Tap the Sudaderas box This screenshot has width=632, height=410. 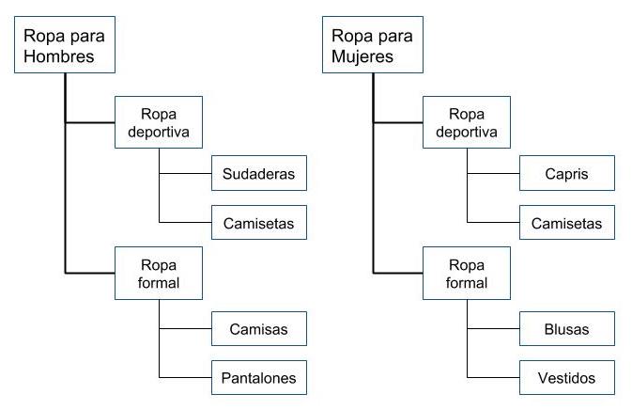(x=259, y=174)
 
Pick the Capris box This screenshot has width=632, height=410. (x=567, y=174)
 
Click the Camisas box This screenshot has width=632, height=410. (x=259, y=329)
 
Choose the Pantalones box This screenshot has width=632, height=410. (x=259, y=378)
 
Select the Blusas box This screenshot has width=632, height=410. (x=567, y=329)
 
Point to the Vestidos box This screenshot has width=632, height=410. (x=567, y=378)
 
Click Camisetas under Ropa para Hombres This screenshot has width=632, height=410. (x=259, y=223)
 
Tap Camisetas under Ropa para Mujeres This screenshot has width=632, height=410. (x=567, y=223)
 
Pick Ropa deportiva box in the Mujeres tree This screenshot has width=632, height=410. (x=466, y=122)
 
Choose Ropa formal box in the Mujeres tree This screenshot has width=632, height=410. (x=466, y=273)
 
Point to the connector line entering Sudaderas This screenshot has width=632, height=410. (x=186, y=174)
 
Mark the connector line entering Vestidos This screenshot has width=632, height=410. (x=494, y=378)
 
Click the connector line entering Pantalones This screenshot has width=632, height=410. (x=186, y=378)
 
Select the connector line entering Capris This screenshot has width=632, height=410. (x=494, y=174)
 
